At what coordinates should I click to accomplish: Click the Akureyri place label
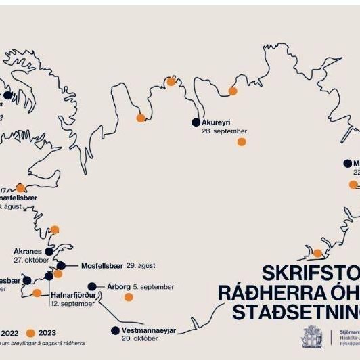217,122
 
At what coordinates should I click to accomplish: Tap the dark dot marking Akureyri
196,122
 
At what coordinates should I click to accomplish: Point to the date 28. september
224,131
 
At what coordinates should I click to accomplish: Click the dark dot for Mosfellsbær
61,265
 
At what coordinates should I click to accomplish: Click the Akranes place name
28,250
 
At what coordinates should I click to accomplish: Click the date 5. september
154,287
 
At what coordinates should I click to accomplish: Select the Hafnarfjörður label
73,295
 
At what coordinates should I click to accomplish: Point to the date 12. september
72,304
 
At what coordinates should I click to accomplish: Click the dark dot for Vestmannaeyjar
114,331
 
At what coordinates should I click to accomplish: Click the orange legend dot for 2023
30,333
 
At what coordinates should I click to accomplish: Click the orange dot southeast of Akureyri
242,141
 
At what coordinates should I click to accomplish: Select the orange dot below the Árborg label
128,298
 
